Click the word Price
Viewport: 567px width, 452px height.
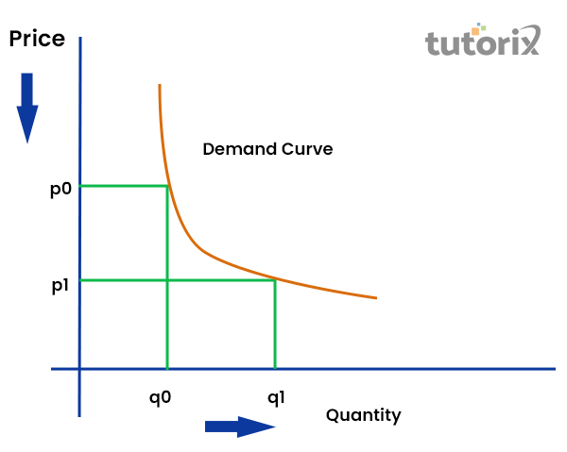[37, 39]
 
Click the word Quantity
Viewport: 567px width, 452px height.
[364, 415]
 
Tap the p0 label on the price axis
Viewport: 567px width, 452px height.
[60, 189]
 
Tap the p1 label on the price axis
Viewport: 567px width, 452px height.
[60, 286]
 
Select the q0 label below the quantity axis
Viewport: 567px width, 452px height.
[161, 398]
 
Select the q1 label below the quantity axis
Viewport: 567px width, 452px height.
[276, 398]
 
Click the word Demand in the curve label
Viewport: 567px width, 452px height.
[240, 149]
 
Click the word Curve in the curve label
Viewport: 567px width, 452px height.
[307, 149]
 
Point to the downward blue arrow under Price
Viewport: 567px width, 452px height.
[27, 108]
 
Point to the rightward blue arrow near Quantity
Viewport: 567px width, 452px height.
[240, 427]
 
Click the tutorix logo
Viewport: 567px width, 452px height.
[483, 40]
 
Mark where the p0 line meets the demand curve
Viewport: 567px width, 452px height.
[168, 186]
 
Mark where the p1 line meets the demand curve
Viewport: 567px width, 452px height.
[276, 279]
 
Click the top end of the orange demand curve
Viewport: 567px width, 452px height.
[160, 85]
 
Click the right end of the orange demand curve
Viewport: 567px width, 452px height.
[377, 298]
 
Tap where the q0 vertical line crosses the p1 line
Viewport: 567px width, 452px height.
[167, 280]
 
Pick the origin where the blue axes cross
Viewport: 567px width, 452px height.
[79, 369]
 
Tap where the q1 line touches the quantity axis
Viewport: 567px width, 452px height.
[275, 369]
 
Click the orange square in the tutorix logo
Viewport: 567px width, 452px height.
[475, 31]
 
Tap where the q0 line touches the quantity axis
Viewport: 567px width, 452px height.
[167, 369]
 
